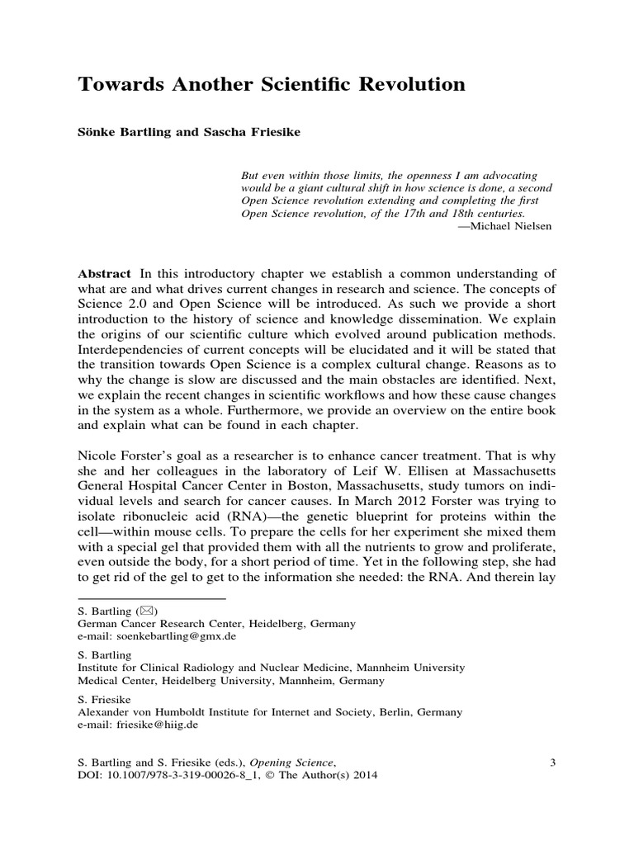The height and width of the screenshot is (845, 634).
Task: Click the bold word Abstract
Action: (104, 273)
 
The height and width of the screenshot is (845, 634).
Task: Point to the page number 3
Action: (552, 762)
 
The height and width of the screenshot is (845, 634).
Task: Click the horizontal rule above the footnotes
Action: (151, 596)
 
